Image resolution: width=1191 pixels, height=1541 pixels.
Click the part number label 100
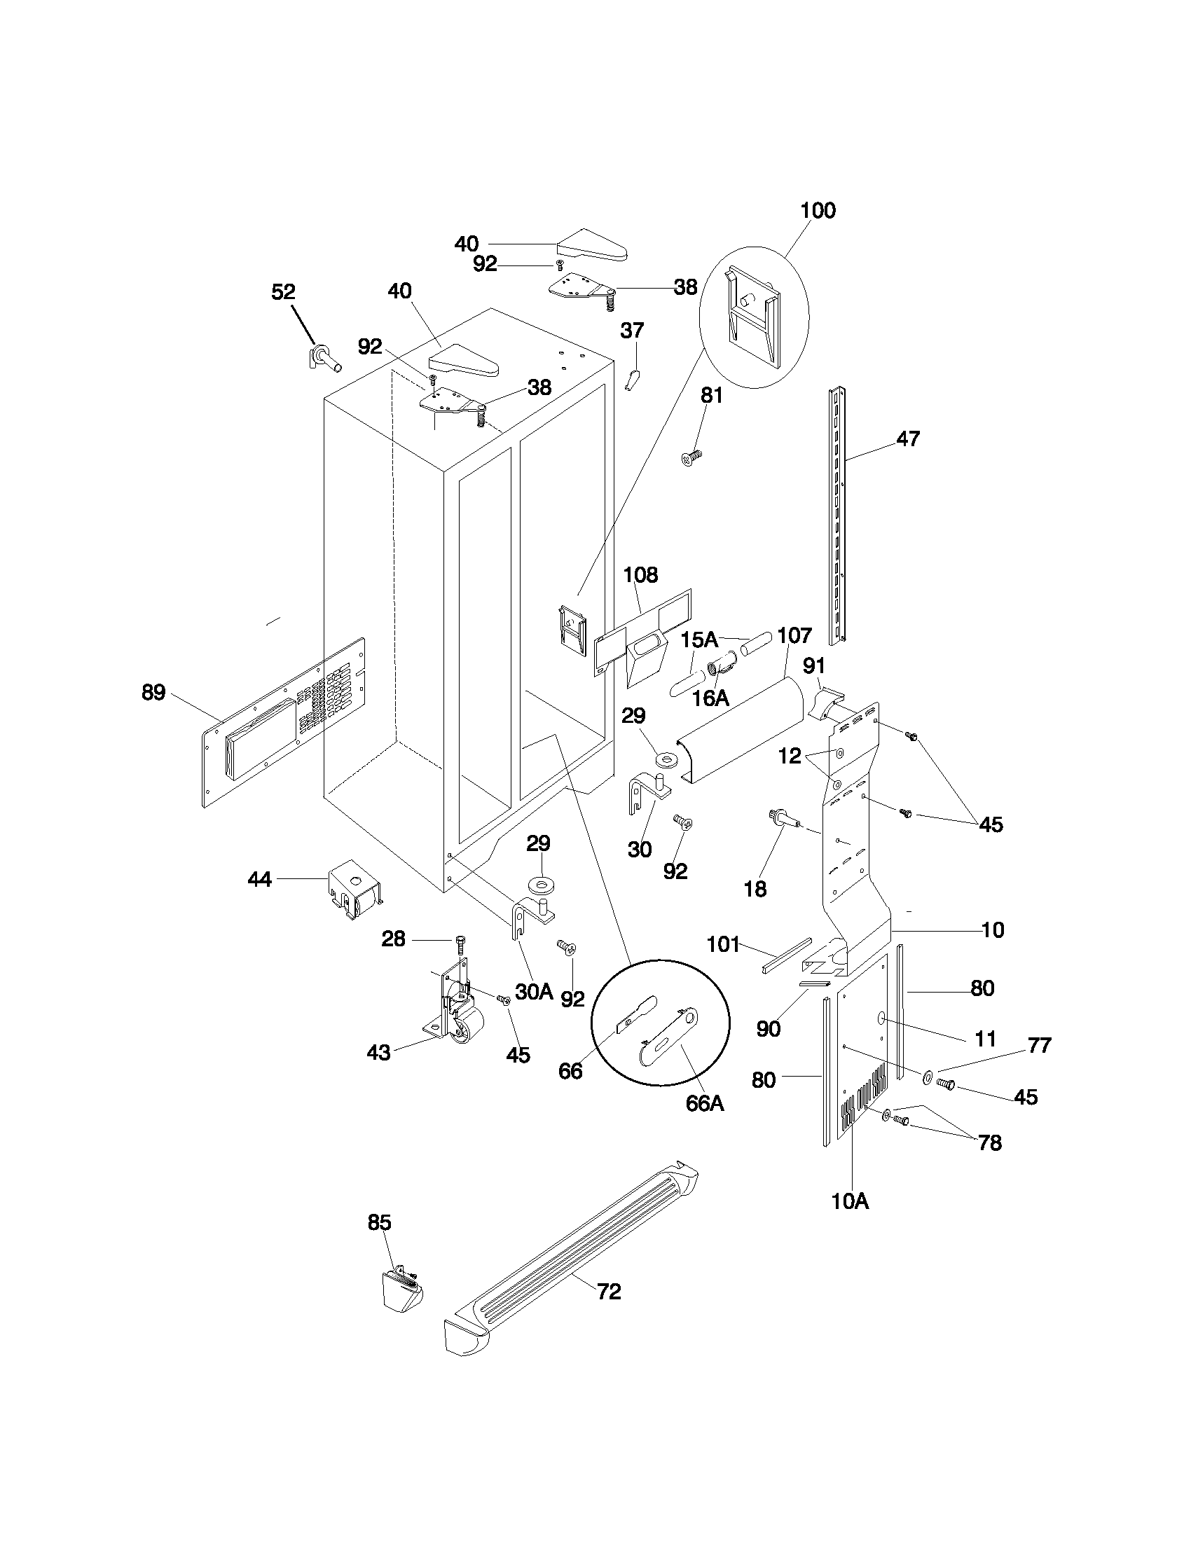pos(818,210)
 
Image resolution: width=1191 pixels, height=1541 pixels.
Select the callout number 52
pos(283,291)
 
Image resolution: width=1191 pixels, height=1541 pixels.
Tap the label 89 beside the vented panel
pos(153,692)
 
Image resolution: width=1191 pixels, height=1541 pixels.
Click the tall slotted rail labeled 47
pos(838,515)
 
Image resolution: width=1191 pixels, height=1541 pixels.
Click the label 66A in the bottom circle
pos(705,1103)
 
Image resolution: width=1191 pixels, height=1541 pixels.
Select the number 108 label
pos(640,574)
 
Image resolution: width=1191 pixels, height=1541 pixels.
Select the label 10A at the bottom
pos(850,1201)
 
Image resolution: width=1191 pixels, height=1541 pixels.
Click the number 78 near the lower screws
pos(990,1142)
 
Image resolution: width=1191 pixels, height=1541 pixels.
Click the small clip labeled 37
pos(632,380)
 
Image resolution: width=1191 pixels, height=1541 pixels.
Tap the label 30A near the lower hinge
pos(533,991)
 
